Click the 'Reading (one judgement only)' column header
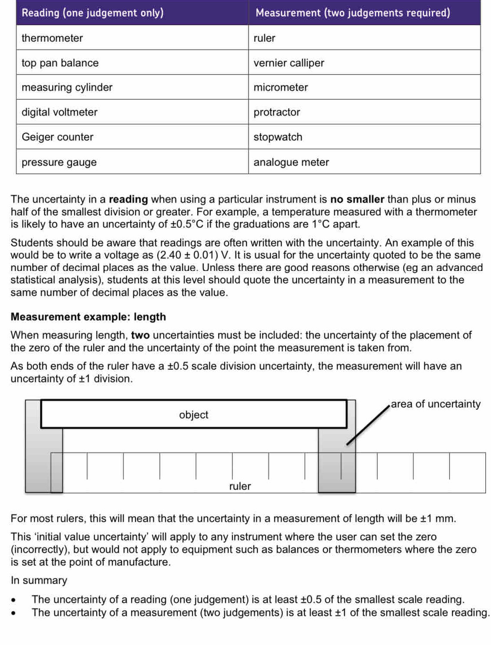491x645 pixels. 93,13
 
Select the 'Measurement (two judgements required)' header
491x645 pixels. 353,13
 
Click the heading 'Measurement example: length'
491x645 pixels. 88,317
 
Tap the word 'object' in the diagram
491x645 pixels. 194,415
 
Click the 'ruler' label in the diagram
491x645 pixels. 240,486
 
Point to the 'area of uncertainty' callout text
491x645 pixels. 435,404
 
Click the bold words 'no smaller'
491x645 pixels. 357,199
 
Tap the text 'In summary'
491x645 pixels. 39,580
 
